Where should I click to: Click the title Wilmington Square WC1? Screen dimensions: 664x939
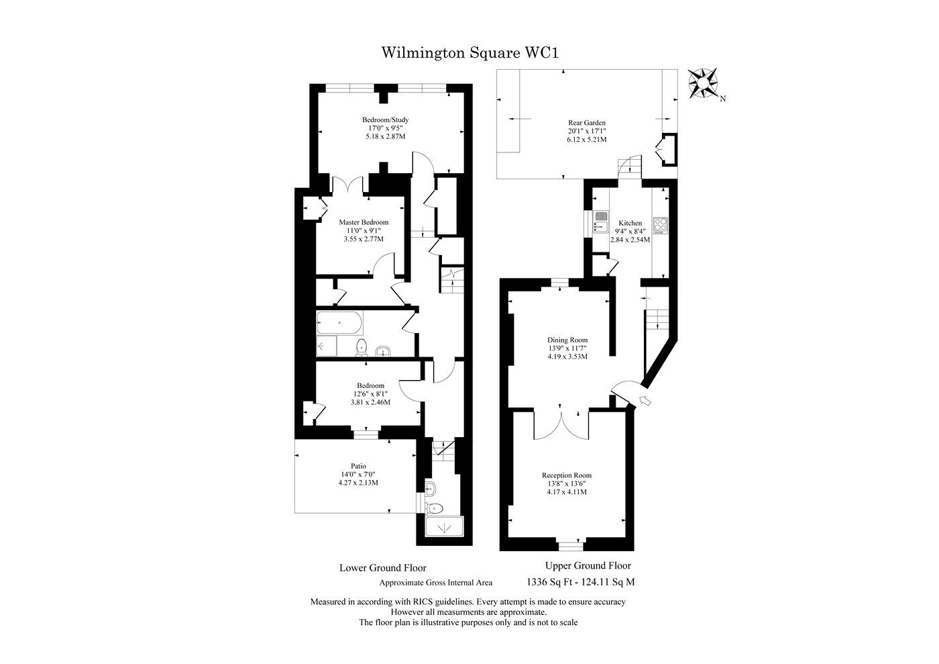point(469,52)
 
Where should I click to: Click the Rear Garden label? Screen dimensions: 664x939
point(587,123)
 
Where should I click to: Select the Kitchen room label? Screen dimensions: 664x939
point(630,223)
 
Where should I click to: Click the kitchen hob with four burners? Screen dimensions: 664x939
point(661,225)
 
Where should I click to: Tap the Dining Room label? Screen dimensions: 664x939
point(567,340)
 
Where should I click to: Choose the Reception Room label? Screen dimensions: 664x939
point(567,475)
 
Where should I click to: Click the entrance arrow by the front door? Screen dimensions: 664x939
point(647,401)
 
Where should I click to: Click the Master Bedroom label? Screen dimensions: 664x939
point(363,222)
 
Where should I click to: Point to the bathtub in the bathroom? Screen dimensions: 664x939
point(339,323)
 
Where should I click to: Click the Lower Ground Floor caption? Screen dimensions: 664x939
point(382,568)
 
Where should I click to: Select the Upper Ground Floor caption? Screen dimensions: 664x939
point(588,566)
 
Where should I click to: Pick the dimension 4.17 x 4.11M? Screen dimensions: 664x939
point(567,491)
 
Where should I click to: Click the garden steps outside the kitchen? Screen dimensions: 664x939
point(630,165)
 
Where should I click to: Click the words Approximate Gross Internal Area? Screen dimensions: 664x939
point(436,583)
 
